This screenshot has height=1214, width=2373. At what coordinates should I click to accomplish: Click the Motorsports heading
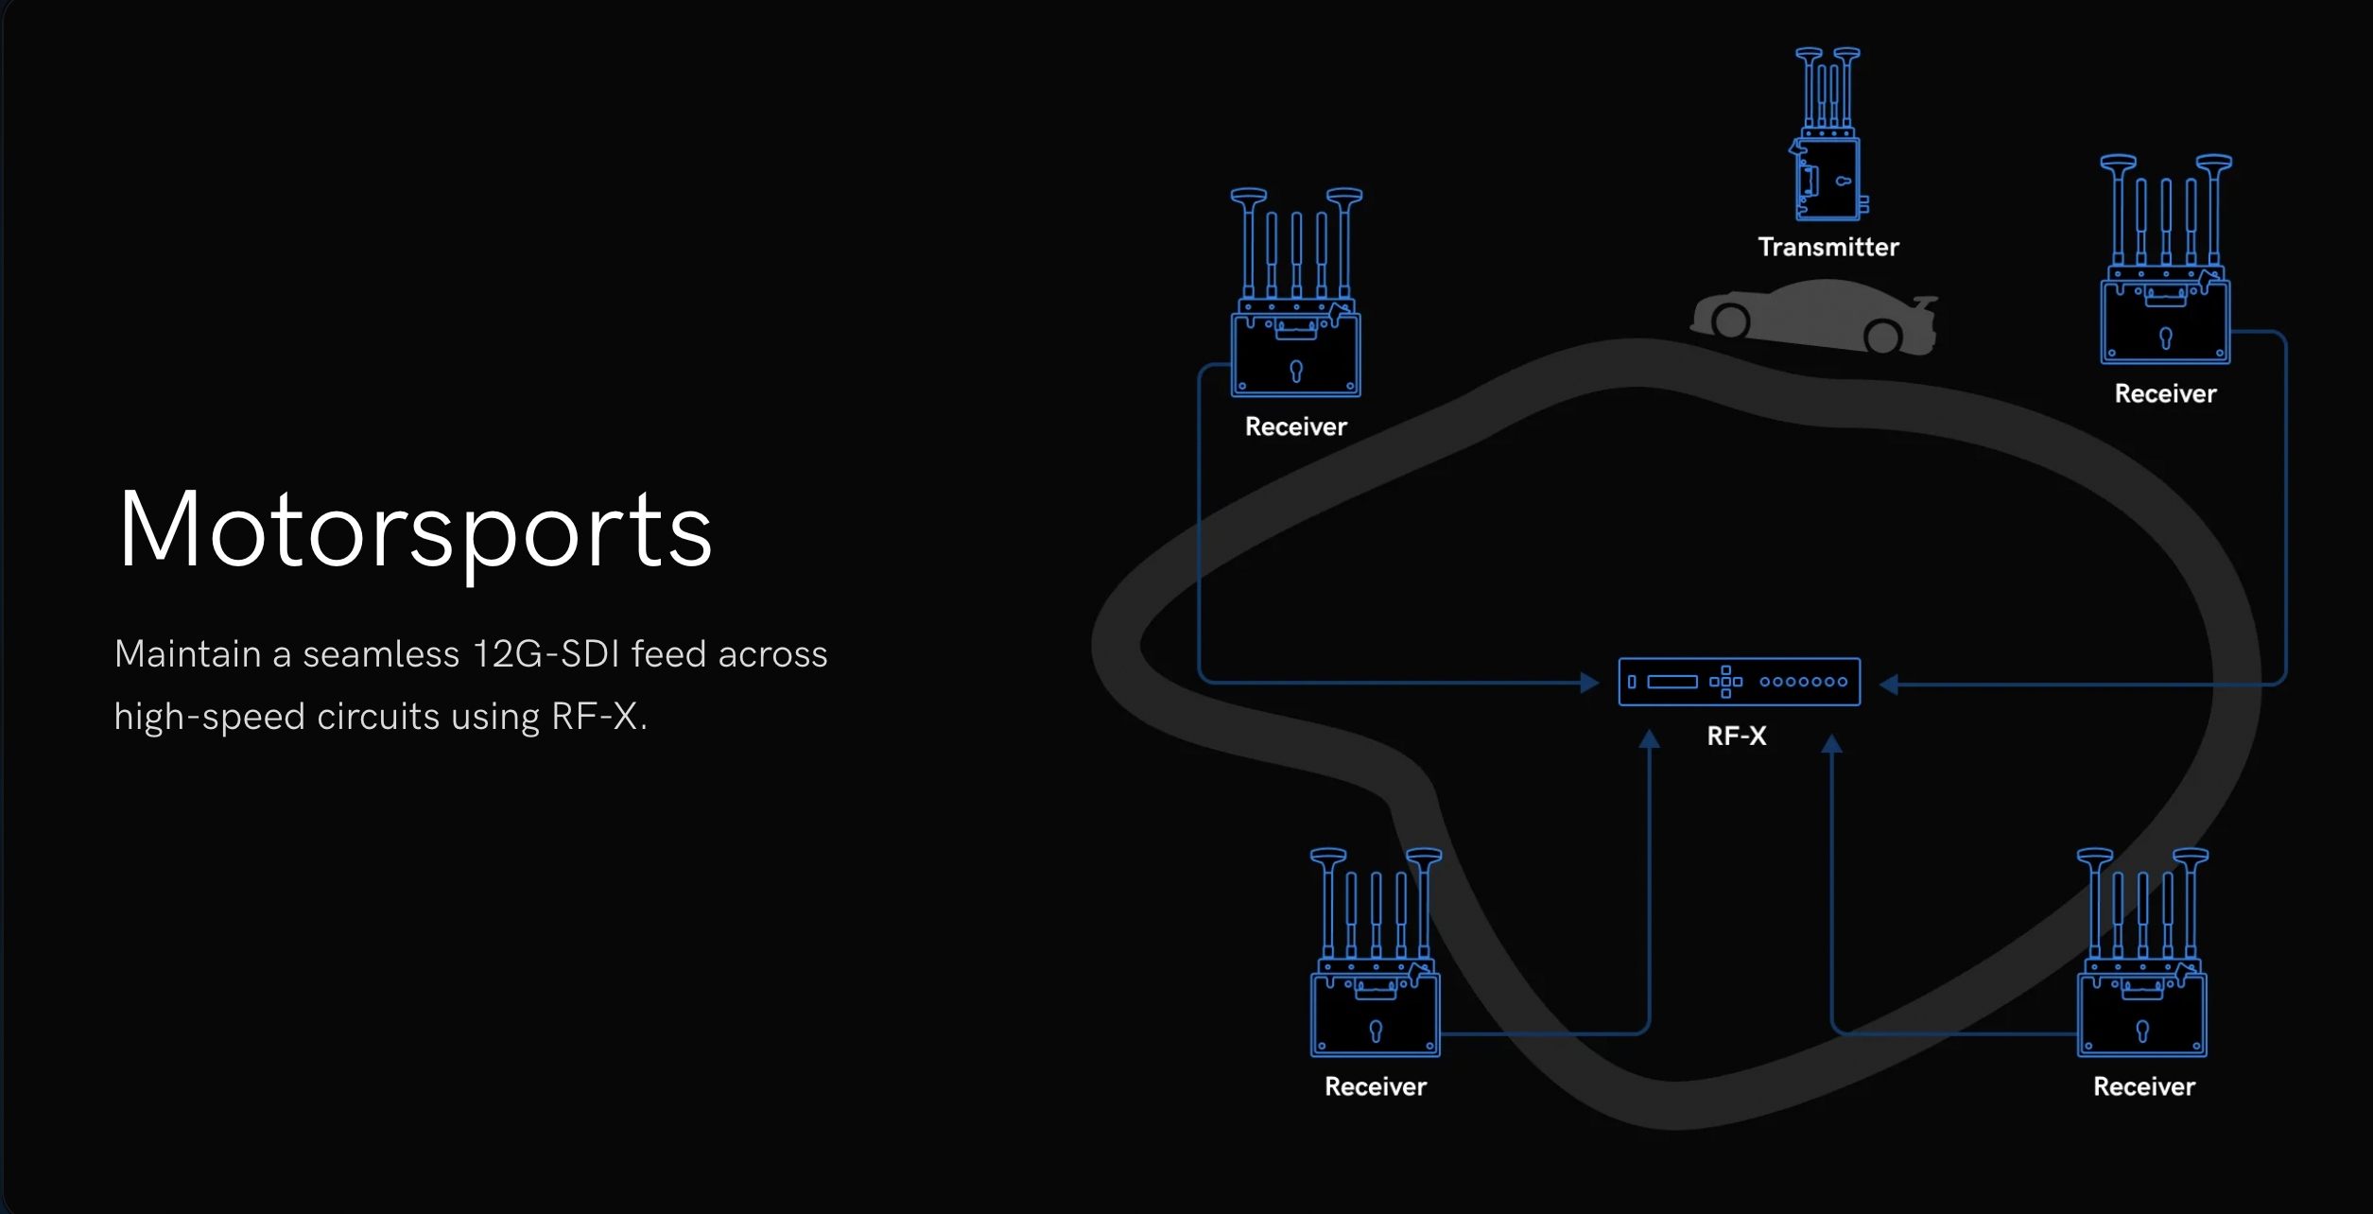(414, 530)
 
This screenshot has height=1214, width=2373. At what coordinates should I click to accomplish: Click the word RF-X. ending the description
(599, 717)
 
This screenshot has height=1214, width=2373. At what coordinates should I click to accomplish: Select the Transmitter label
(1827, 248)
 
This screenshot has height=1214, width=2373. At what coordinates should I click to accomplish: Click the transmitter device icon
(1828, 137)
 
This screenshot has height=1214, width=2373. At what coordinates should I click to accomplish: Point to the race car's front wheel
(1730, 322)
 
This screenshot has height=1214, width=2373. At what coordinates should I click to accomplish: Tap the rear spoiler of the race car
(1925, 303)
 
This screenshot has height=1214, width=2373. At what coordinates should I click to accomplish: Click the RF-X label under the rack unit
(1737, 736)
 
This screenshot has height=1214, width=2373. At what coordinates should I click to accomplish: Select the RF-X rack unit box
(1739, 682)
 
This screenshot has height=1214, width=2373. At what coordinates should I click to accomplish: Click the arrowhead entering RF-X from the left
(1589, 682)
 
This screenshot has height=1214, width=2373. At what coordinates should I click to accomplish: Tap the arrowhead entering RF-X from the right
(1889, 684)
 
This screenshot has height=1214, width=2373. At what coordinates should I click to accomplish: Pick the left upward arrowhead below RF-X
(1649, 739)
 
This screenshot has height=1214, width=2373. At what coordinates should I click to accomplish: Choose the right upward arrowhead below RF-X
(1831, 744)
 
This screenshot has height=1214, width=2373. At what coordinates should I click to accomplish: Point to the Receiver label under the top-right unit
(2165, 393)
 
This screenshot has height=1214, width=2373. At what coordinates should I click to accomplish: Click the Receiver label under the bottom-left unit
(1375, 1086)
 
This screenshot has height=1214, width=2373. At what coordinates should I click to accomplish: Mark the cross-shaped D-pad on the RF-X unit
(1725, 682)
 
